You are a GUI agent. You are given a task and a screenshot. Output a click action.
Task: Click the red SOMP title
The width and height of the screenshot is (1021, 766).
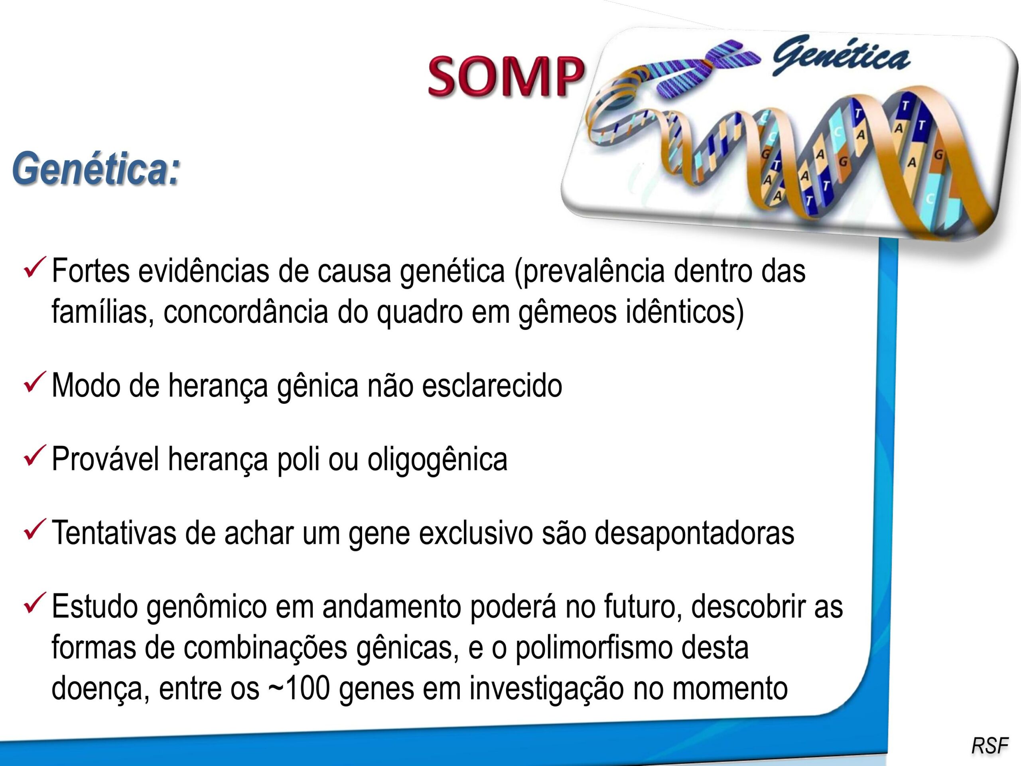click(x=505, y=76)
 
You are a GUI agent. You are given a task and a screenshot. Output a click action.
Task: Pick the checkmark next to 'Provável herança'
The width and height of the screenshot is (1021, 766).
click(x=34, y=456)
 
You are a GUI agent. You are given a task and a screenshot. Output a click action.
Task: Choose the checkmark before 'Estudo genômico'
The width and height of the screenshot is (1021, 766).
click(x=34, y=604)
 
